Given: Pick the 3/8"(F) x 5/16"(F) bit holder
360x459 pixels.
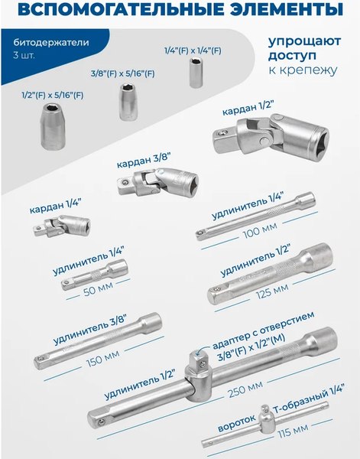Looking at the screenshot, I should tap(126, 99).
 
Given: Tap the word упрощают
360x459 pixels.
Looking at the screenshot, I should tap(302, 44).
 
